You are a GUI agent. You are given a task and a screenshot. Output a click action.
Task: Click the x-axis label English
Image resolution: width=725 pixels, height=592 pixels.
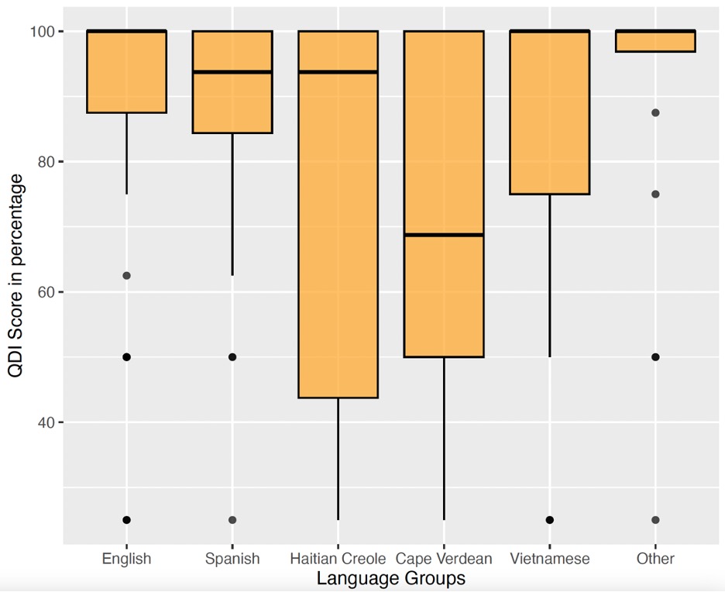[126, 559]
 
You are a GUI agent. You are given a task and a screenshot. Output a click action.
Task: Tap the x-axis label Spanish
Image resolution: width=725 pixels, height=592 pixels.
[232, 559]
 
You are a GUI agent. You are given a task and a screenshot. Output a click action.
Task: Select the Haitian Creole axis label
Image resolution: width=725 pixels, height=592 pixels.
[338, 559]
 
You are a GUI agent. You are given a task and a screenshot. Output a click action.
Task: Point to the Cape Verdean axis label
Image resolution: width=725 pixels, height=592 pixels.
[444, 559]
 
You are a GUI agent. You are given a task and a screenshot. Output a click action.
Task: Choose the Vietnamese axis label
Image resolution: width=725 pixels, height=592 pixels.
[550, 559]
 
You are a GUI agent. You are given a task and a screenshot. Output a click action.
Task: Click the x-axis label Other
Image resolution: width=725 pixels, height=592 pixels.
[655, 559]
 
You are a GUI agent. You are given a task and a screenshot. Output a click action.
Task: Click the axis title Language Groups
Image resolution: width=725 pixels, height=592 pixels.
[391, 579]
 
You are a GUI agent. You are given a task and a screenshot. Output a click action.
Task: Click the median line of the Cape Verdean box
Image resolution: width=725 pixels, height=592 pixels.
[444, 235]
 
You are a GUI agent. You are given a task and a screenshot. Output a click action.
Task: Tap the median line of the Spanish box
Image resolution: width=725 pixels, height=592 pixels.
[232, 72]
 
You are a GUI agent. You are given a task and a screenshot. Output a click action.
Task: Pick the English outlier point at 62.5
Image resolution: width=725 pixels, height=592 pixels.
[126, 276]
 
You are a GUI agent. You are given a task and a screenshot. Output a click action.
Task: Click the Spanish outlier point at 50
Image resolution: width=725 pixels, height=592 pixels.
[232, 357]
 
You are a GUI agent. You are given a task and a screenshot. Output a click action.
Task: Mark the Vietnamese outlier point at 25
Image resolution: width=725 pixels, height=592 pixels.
[550, 520]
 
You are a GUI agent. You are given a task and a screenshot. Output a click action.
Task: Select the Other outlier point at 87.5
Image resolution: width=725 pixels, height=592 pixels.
[655, 113]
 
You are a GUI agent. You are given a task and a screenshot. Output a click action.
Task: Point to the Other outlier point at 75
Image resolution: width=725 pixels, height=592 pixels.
[655, 194]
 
